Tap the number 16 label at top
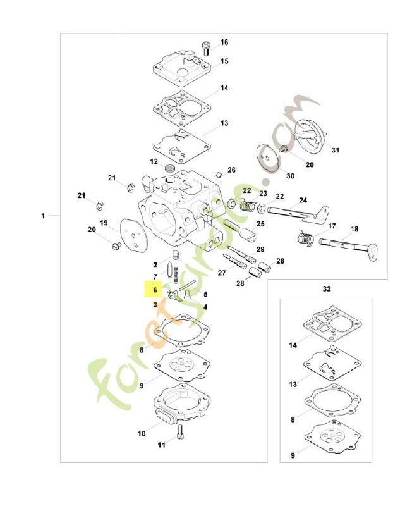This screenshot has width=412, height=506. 224,42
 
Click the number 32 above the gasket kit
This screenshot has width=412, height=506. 327,288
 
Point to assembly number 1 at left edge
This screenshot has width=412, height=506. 44,216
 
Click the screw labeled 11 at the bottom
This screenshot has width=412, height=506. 180,433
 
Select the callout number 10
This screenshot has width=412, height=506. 141,433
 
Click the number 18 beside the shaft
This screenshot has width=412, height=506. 354,229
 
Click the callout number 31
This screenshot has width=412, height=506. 335,151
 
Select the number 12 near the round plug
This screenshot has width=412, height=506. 154,161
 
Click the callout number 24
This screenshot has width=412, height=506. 303,200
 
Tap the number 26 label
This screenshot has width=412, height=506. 231,170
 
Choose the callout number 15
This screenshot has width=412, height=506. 224,61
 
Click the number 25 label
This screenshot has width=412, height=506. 260,223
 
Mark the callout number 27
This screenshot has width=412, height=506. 222,273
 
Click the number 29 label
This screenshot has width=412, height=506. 260,249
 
